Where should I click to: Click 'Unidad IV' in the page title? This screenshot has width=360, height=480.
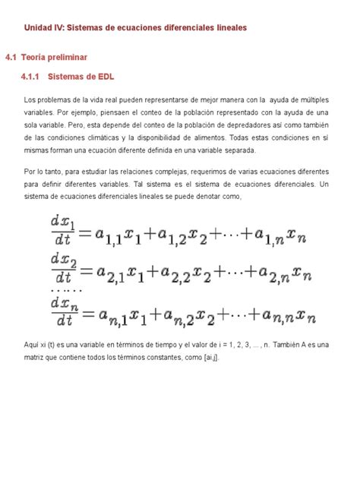[43, 27]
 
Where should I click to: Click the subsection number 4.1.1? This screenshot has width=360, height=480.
[35, 77]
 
